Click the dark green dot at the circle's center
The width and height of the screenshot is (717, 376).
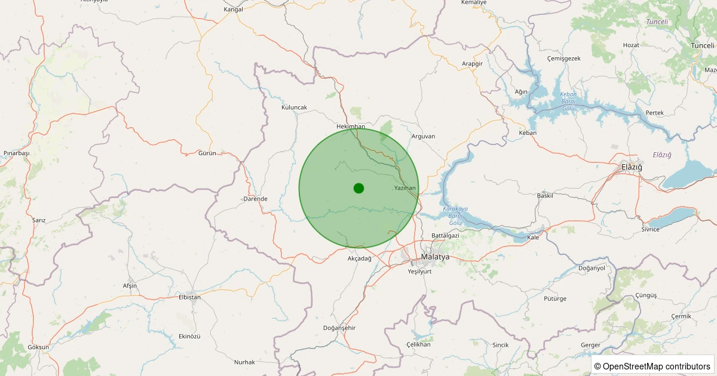click(x=358, y=188)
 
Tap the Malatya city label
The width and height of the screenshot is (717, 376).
click(x=435, y=257)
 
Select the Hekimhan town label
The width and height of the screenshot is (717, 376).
click(x=351, y=127)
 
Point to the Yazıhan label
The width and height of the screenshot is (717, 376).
click(x=405, y=188)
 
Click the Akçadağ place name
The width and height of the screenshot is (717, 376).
click(x=359, y=258)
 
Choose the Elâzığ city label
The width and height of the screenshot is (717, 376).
click(x=632, y=167)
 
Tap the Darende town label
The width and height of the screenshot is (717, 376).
click(x=255, y=199)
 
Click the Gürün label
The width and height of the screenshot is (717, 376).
click(x=207, y=153)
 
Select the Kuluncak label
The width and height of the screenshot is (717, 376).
click(x=294, y=107)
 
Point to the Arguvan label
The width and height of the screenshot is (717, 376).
click(x=423, y=136)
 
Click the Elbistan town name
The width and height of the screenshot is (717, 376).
click(x=189, y=297)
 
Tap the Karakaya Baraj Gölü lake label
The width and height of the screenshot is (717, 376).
click(x=455, y=215)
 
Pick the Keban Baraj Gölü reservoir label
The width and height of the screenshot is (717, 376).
click(x=568, y=101)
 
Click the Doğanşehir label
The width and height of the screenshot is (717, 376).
click(x=339, y=328)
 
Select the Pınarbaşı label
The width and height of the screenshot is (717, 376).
click(x=16, y=153)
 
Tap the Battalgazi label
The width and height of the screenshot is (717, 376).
click(x=445, y=236)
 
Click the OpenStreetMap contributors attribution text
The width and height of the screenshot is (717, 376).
click(x=652, y=366)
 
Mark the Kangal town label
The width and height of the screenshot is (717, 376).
click(x=234, y=10)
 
